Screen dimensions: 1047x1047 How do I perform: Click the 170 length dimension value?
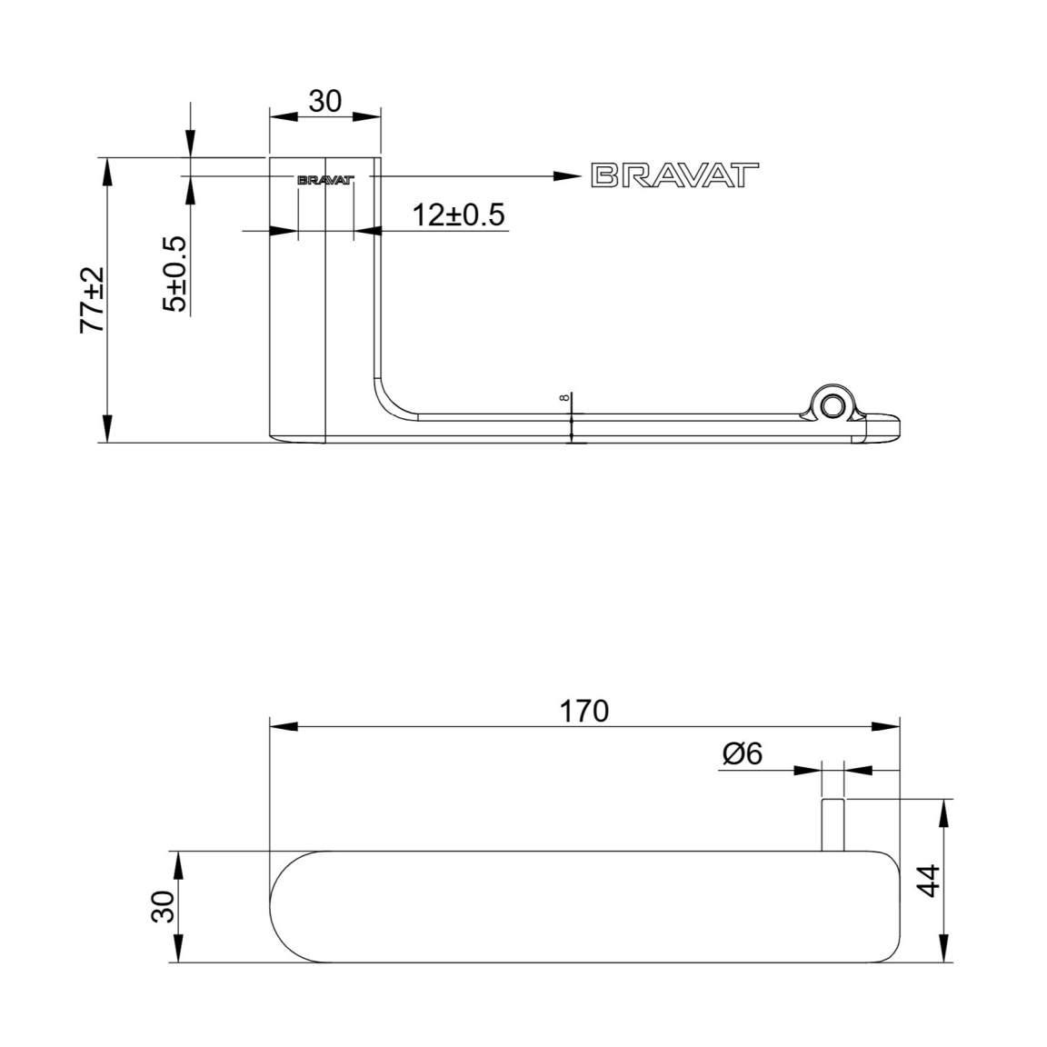[583, 711]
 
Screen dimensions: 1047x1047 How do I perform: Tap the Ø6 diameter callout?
[742, 753]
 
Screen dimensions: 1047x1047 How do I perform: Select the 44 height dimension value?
[929, 880]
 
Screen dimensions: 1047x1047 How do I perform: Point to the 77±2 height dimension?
[92, 300]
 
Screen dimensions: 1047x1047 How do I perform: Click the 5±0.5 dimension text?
[174, 274]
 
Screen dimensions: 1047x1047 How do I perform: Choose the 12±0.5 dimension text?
[458, 215]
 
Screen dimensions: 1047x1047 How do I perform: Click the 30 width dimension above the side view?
[325, 102]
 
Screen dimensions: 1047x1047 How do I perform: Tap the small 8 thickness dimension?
[565, 397]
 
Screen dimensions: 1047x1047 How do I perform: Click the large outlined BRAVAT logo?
[675, 174]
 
